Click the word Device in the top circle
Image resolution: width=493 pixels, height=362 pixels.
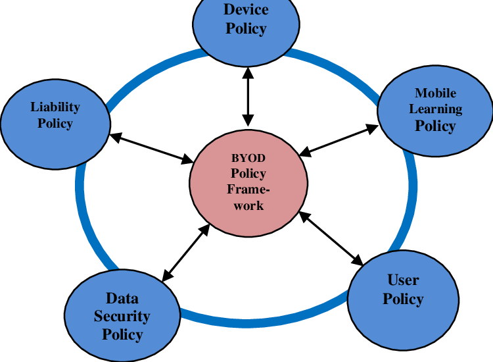[246, 9]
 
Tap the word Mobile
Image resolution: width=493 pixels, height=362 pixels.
[435, 93]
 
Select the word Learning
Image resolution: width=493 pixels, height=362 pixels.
[435, 109]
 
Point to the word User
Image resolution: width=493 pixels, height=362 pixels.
[403, 280]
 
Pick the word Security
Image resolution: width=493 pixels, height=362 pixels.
[122, 316]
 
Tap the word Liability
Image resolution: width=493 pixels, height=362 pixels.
[55, 107]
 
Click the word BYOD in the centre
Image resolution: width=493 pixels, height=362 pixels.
[248, 158]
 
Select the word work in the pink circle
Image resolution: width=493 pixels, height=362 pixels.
[248, 205]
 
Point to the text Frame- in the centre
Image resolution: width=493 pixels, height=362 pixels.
[248, 190]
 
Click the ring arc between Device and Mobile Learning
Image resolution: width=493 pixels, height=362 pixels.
[342, 70]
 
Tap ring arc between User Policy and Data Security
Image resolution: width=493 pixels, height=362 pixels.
[263, 321]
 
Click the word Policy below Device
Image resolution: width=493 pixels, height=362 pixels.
[246, 28]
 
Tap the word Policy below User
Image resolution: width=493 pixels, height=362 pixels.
[403, 299]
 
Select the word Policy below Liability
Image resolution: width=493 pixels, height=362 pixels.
[55, 123]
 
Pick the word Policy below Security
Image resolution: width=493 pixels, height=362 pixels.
[122, 334]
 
